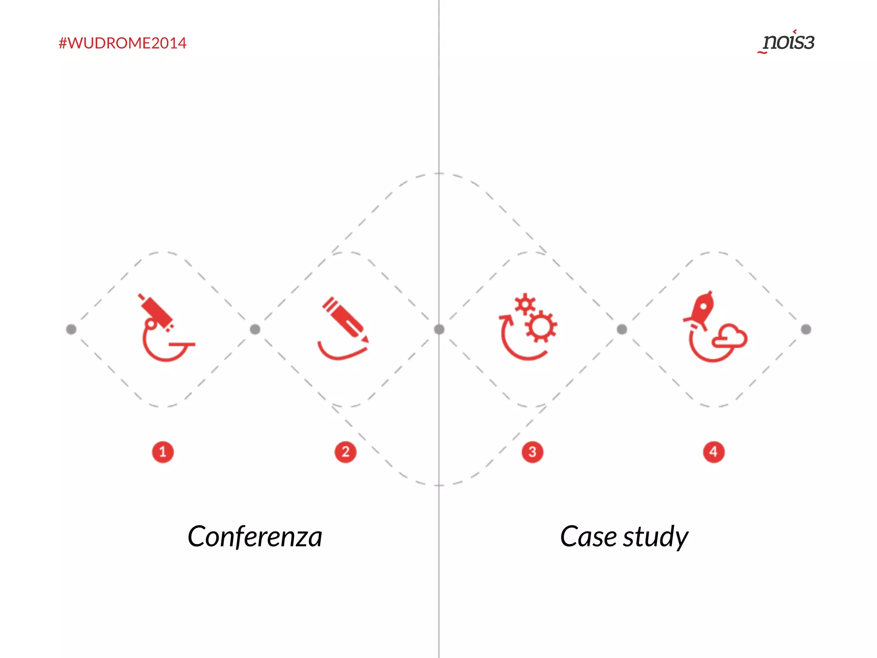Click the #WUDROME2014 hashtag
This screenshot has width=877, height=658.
[122, 43]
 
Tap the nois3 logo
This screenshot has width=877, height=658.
[788, 42]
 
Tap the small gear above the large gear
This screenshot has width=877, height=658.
[525, 304]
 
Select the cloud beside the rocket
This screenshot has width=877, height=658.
[731, 337]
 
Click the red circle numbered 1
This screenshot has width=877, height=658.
[163, 452]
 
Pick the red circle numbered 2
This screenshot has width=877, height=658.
[346, 452]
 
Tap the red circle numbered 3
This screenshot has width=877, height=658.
[532, 452]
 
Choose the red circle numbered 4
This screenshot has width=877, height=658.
[713, 452]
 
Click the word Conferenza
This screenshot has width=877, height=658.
[255, 536]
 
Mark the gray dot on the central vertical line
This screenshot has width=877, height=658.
[439, 329]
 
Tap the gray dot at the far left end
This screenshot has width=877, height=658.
[71, 329]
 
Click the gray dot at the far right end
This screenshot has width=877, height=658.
[806, 329]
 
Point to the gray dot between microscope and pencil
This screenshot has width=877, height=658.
[255, 329]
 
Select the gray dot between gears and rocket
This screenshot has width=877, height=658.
[622, 329]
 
